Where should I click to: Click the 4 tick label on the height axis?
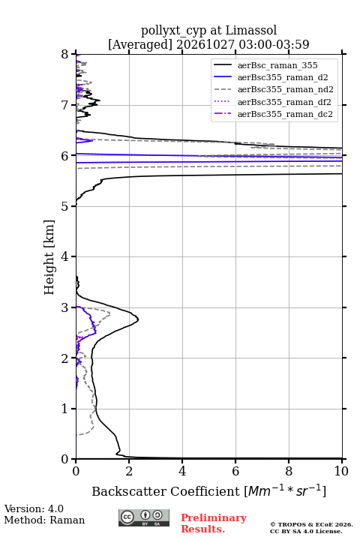[x=64, y=256]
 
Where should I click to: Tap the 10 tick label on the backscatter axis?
[x=341, y=471]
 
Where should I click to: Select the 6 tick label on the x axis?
[x=235, y=471]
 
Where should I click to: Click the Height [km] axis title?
[x=49, y=257]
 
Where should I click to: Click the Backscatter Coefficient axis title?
[x=208, y=491]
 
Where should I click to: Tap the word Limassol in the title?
[x=251, y=30]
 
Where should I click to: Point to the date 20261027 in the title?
[x=205, y=44]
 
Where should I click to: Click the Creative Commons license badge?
[x=144, y=517]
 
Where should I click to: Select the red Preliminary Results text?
[x=214, y=523]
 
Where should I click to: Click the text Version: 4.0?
[x=34, y=508]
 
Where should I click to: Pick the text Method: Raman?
[x=44, y=520]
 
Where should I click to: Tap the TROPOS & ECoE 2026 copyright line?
[x=311, y=524]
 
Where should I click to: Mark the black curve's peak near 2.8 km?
[x=138, y=319]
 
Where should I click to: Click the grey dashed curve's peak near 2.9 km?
[x=110, y=313]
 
